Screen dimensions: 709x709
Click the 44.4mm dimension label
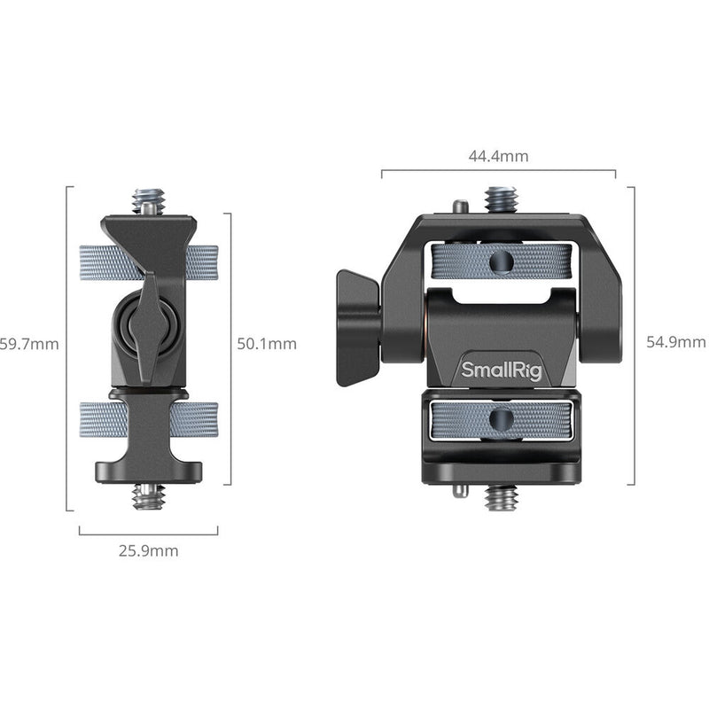pos(498,157)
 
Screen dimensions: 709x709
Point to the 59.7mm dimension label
pos(29,344)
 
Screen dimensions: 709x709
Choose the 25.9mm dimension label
pos(149,550)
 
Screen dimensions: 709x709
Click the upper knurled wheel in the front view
pos(501,261)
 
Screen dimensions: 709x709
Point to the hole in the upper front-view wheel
pos(501,261)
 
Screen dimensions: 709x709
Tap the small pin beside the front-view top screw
pos(458,207)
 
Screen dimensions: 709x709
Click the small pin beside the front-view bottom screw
pos(458,490)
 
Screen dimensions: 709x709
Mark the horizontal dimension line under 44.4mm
pos(498,171)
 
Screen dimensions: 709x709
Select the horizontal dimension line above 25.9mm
pos(149,534)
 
